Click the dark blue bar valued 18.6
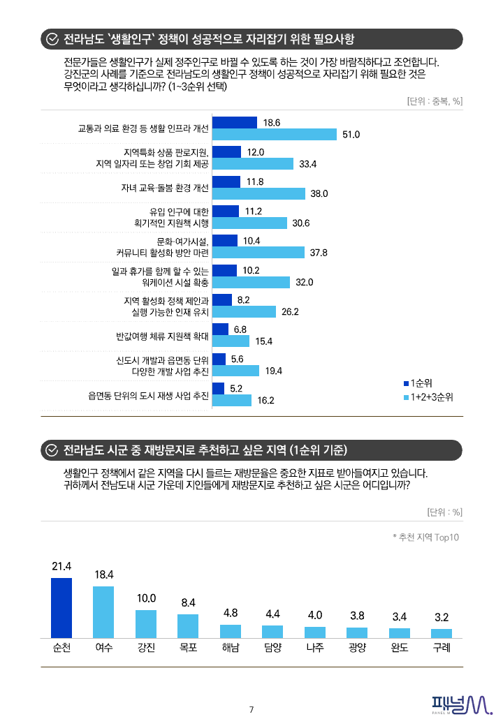point(234,122)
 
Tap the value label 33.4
point(308,164)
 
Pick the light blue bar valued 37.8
point(258,252)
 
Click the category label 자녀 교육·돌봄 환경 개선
point(165,188)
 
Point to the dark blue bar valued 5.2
point(218,388)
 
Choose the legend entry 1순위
point(418,383)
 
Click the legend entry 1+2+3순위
point(428,397)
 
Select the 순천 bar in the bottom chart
point(61,607)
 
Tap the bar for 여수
point(103,612)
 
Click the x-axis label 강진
point(146,647)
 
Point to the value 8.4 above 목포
point(188,602)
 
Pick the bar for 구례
point(442,633)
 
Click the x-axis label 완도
point(400,647)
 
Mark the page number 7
point(251,710)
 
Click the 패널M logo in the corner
point(462,705)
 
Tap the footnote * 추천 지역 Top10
point(425,538)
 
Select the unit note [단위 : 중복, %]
point(434,101)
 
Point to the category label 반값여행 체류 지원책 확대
point(163,336)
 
